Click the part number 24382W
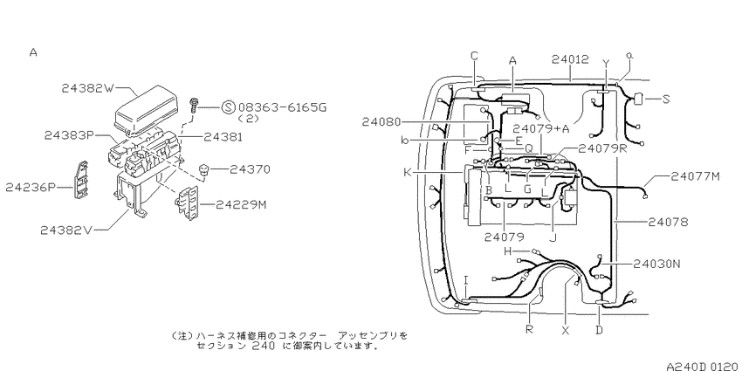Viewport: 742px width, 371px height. pos(88,88)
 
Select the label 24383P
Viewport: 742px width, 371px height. pos(69,135)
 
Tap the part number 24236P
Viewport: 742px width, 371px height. pos(31,188)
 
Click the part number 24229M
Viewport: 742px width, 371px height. pos(241,205)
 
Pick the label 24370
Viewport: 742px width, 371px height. pos(250,169)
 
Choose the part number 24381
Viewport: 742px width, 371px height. pos(223,137)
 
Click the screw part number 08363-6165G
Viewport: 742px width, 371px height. pos(283,107)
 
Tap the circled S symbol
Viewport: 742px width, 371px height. pos(228,107)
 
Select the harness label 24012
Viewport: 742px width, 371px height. pos(571,59)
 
